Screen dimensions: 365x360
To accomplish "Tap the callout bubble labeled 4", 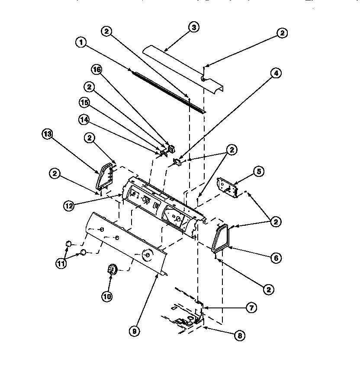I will (276, 73).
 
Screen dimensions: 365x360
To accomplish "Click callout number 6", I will (275, 258).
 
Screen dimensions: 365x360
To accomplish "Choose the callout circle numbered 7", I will (251, 308).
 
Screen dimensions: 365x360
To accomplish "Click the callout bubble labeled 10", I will (107, 296).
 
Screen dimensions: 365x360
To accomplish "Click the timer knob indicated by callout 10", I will (112, 270).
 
